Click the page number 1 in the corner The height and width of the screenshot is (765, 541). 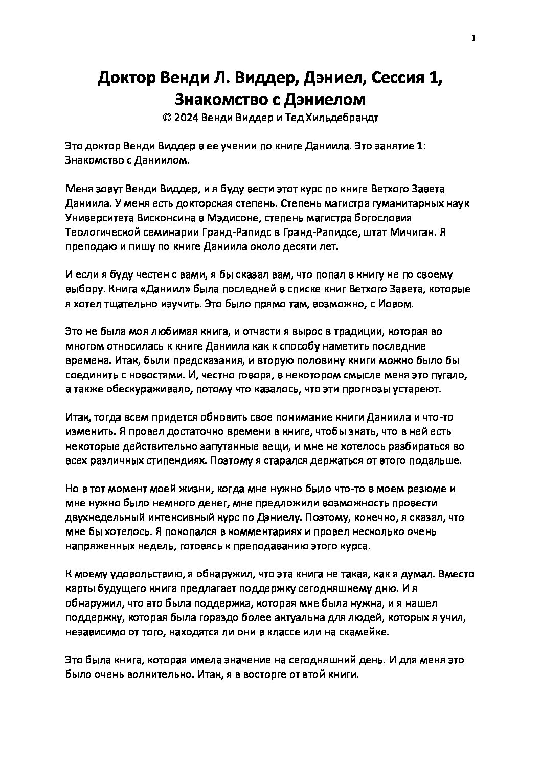click(x=474, y=38)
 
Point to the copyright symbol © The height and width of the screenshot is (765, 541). click(x=166, y=118)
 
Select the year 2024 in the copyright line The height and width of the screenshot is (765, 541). click(x=185, y=118)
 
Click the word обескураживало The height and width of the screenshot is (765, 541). click(x=138, y=389)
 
